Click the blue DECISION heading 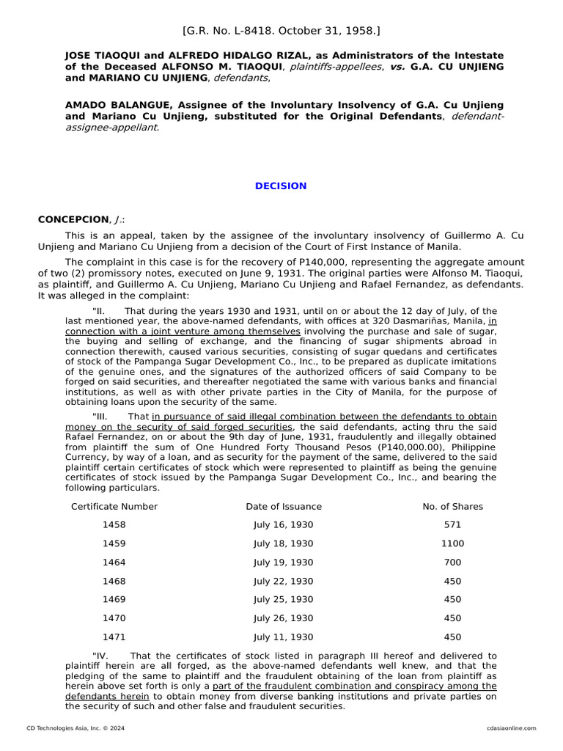281,186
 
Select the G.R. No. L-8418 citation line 281,31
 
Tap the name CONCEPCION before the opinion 73,220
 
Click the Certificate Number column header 114,507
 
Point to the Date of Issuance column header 283,507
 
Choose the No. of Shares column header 452,507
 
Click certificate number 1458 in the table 114,525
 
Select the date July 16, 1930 283,525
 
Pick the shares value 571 452,525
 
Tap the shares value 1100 452,544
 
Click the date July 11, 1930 283,637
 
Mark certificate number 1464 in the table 114,563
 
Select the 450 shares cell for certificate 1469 452,600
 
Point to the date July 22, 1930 283,582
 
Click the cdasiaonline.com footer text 511,728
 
